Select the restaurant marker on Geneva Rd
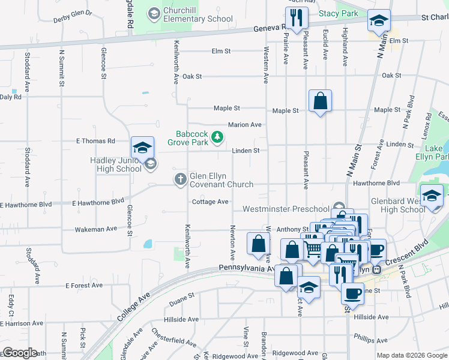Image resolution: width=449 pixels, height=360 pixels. [295, 18]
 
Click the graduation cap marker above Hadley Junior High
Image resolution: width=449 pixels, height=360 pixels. [142, 147]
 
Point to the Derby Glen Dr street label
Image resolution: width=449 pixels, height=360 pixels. [73, 13]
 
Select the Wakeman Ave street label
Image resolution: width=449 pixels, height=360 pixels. [96, 229]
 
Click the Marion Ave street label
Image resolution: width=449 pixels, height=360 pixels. [244, 125]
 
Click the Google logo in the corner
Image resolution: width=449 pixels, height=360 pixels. [20, 353]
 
